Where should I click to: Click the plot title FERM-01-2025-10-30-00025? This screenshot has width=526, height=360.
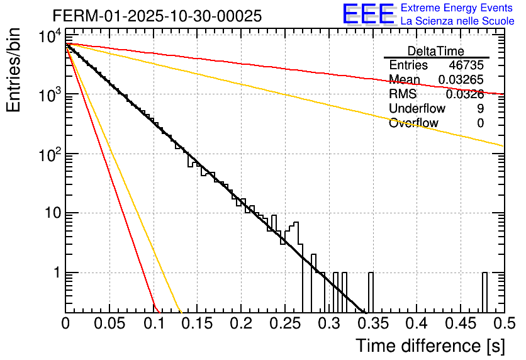click(x=157, y=16)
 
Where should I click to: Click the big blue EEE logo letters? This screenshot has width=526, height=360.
click(x=368, y=14)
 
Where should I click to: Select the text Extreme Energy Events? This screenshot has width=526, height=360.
click(x=456, y=8)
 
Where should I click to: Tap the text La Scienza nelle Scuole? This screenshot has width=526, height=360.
click(x=457, y=21)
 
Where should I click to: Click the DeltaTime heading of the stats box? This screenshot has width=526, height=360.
click(x=436, y=51)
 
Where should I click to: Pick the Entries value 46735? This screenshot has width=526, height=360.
click(x=466, y=65)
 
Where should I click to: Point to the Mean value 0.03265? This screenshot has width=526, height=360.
click(x=461, y=80)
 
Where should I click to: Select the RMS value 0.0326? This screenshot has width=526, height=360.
click(x=465, y=94)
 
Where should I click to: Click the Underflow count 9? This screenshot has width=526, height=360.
click(x=480, y=109)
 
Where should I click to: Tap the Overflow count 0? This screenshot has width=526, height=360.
click(x=480, y=123)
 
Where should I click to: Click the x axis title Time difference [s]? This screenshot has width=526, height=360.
click(x=430, y=346)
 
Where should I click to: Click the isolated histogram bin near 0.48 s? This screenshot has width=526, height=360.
click(x=484, y=292)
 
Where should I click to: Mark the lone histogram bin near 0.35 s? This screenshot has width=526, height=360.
click(x=371, y=292)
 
